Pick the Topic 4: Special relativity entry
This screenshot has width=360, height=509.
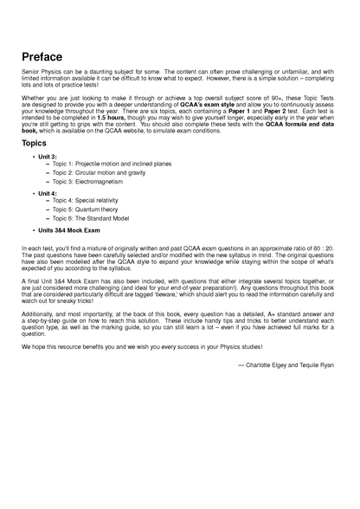(87, 200)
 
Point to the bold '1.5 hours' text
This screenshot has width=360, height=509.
(112, 125)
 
